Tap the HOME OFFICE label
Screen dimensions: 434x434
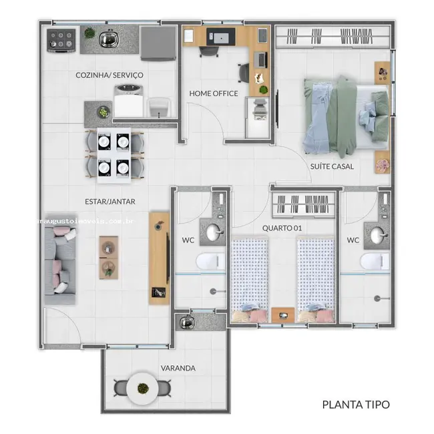tap(213, 93)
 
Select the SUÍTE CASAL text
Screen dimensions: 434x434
tap(331, 166)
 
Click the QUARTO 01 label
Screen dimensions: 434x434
tap(282, 228)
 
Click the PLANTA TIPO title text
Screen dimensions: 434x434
tap(355, 404)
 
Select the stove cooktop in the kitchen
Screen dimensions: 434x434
tap(61, 40)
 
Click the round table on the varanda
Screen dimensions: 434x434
tap(142, 387)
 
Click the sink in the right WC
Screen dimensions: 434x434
tap(379, 235)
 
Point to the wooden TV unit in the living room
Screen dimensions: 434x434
tap(159, 258)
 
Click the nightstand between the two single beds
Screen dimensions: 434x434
tap(282, 313)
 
